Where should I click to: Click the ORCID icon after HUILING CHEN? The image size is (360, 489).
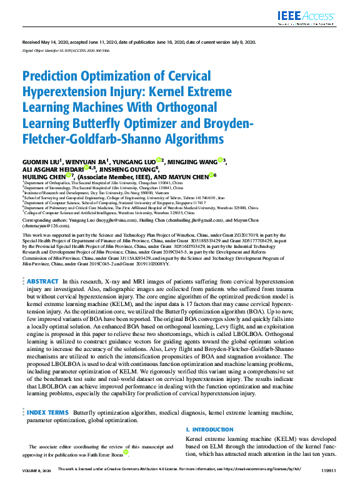[x=69, y=177]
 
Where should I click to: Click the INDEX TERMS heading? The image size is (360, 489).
[x=47, y=413]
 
